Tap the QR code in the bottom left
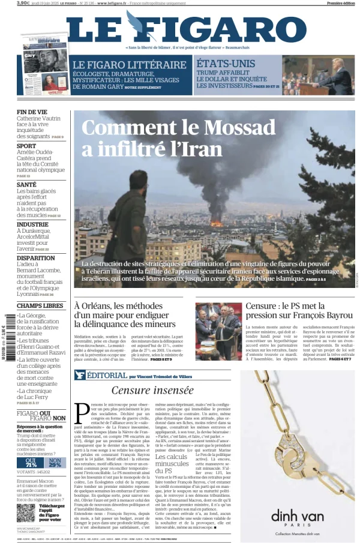pos(26,513)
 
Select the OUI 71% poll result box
pos(31,463)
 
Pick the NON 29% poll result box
pos(54,463)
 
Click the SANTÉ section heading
pos(27,185)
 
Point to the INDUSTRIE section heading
pos(32,224)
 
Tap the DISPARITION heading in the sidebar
pos(35,258)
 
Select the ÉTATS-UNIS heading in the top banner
pos(226,64)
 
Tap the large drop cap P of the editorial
pos(82,413)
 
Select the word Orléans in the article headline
pos(103,307)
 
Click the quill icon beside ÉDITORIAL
pos(79,375)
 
